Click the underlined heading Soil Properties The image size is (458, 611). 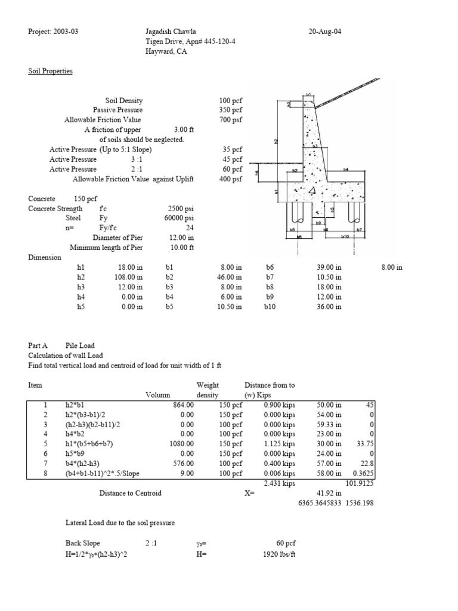tap(51, 71)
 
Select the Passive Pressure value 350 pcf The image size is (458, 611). tap(231, 110)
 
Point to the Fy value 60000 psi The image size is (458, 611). tap(181, 218)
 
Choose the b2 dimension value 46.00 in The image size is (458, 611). tap(230, 277)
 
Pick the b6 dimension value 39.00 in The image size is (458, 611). tap(329, 267)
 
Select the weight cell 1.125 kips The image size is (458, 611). tap(280, 443)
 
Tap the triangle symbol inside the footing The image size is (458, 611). tap(312, 191)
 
